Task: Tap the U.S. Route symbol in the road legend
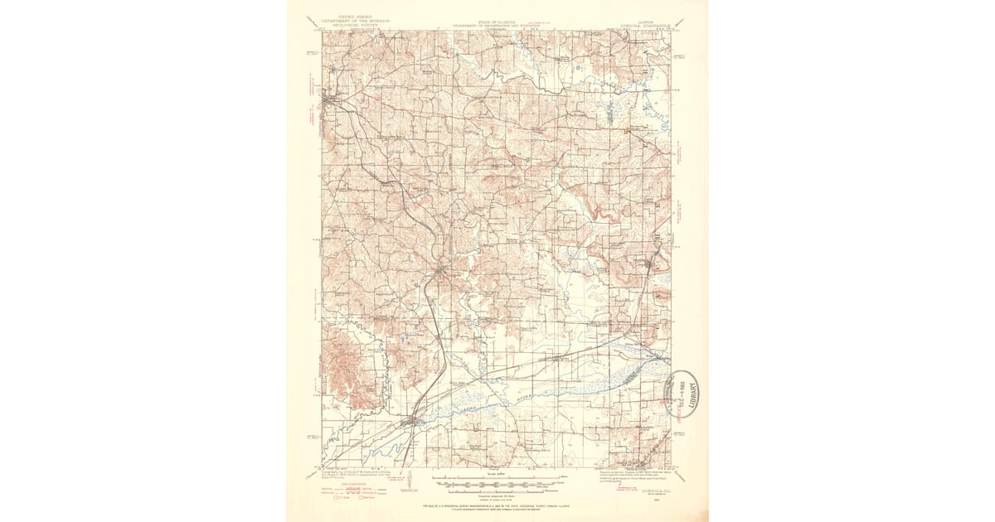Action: [337, 498]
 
